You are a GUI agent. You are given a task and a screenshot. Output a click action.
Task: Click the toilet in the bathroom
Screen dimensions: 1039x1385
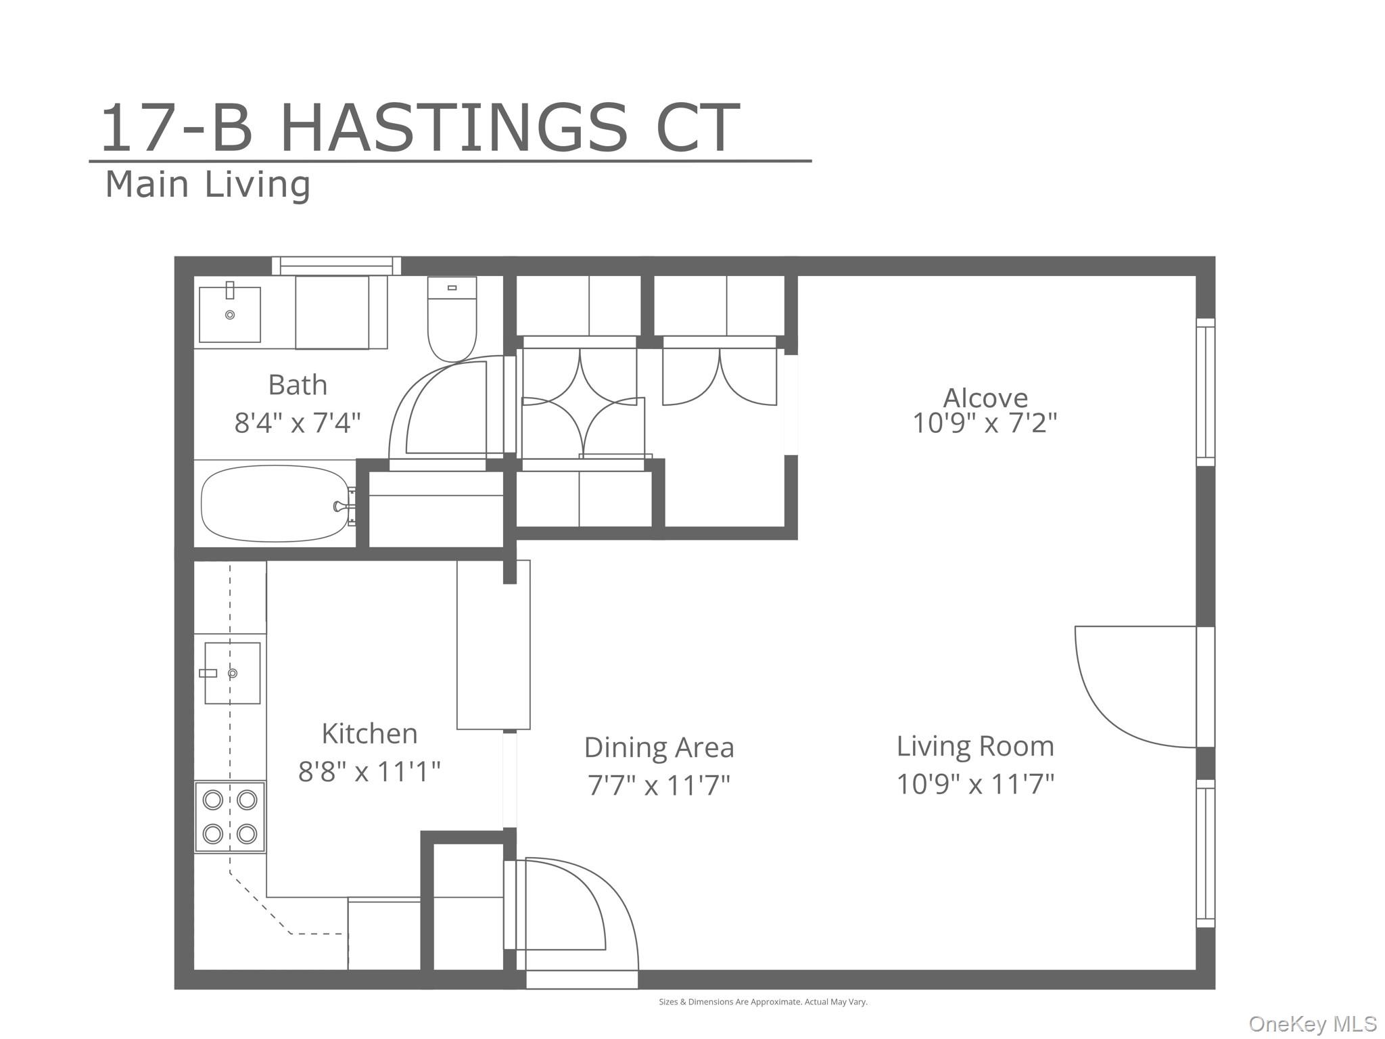coord(452,319)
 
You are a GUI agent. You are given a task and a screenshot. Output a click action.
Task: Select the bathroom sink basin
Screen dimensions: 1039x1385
coord(230,315)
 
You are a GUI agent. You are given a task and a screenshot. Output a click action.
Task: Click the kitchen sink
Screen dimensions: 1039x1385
coord(232,673)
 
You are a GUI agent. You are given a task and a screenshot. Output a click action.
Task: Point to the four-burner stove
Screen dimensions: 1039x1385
coord(230,816)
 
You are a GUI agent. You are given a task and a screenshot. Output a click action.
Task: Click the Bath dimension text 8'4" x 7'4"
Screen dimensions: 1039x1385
coord(298,423)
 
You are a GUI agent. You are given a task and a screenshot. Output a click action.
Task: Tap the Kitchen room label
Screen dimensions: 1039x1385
coord(369,733)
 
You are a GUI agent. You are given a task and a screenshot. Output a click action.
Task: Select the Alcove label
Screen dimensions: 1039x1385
coord(985,397)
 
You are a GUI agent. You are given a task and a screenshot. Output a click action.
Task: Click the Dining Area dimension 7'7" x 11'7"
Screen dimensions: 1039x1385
coord(659,785)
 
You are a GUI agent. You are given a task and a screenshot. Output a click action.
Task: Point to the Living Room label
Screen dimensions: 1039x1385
coord(975,746)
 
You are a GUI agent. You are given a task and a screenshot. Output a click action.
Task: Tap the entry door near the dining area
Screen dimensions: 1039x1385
coord(575,906)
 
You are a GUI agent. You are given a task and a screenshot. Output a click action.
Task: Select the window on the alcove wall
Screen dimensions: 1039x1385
coord(1205,392)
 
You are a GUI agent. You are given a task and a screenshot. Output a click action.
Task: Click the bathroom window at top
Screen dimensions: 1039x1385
coord(336,265)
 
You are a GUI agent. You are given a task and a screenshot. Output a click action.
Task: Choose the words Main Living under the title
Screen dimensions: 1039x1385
coord(208,185)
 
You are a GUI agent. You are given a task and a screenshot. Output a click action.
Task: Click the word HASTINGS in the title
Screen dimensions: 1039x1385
coord(454,129)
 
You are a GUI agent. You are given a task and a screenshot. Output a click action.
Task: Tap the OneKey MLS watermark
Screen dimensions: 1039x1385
coord(1312,1023)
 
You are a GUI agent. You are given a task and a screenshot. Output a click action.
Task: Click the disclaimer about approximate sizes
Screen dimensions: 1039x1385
coord(763,1002)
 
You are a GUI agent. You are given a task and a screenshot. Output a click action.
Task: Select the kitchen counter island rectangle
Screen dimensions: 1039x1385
coord(493,645)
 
